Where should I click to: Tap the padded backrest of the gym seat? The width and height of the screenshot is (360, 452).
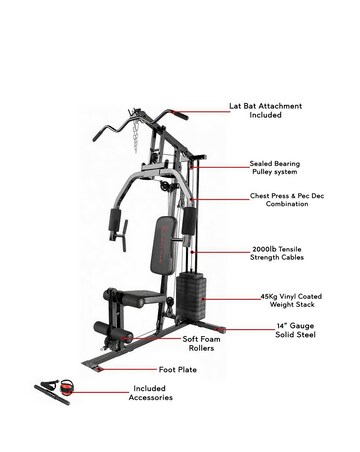(x=156, y=250)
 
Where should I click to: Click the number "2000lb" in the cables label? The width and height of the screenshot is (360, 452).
(x=264, y=250)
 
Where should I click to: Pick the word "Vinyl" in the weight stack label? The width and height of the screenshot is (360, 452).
(x=284, y=295)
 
